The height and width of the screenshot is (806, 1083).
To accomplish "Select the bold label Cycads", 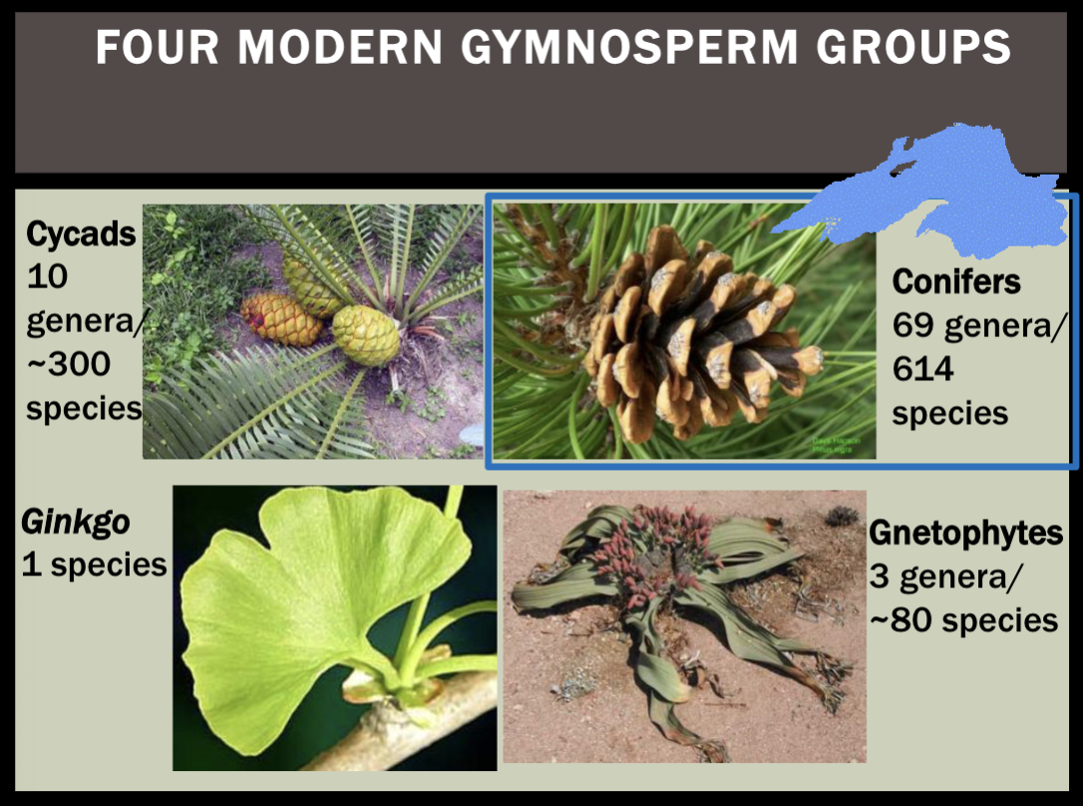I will pyautogui.click(x=81, y=233).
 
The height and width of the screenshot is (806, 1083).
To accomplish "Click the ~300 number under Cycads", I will pyautogui.click(x=69, y=365).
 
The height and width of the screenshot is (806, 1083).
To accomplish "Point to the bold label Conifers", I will pyautogui.click(x=956, y=281).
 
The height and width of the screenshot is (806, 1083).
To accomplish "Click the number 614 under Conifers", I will pyautogui.click(x=922, y=370).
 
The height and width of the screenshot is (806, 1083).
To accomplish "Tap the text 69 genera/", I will pyautogui.click(x=978, y=325).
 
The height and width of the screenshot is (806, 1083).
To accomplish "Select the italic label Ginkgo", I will pyautogui.click(x=65, y=521).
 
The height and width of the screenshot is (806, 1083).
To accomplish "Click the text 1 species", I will pyautogui.click(x=94, y=565).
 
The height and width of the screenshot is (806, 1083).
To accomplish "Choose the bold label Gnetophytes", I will pyautogui.click(x=965, y=533).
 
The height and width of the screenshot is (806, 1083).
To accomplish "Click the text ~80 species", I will pyautogui.click(x=963, y=619).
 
